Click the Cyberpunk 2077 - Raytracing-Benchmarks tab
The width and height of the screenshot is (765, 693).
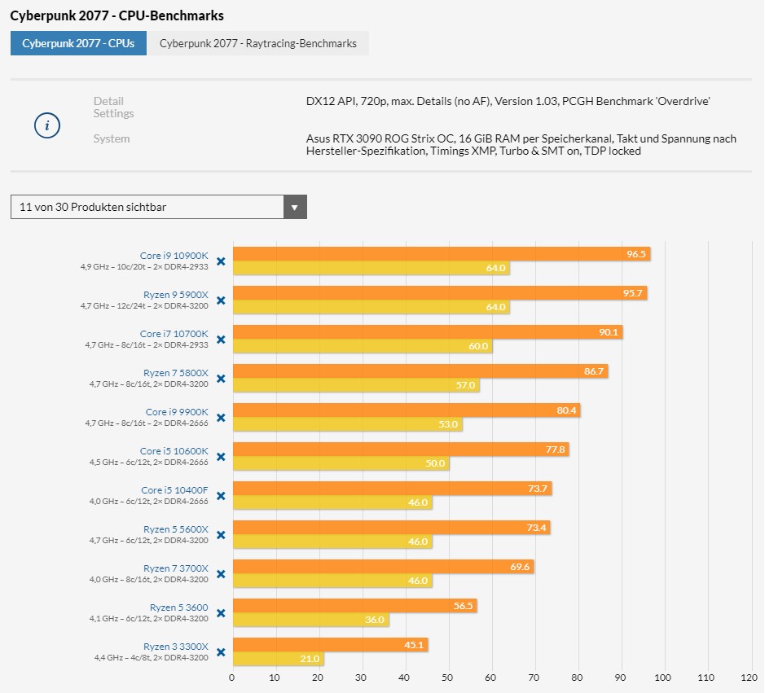point(257,44)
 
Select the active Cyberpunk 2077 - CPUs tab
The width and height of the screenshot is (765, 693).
point(78,44)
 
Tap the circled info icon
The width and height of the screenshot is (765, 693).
point(46,125)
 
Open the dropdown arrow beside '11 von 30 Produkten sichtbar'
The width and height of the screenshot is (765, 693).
point(295,207)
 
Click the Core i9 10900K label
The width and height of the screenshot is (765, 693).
point(174,256)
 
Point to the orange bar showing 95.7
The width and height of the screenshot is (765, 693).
point(440,293)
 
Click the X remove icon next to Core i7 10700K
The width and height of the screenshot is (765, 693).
point(221,340)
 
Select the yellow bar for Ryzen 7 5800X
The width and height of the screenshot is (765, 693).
point(356,385)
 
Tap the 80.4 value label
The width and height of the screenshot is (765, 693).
point(566,410)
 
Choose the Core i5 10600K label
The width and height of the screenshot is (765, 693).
point(174,451)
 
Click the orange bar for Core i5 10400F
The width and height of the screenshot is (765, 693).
point(392,489)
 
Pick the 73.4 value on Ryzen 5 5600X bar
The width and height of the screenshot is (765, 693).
point(536,528)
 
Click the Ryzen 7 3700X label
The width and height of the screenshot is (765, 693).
point(176,568)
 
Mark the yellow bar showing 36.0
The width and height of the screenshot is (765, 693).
point(310,620)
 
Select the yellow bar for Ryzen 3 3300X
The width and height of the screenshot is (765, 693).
point(278,659)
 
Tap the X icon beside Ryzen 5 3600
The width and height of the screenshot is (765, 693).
point(221,613)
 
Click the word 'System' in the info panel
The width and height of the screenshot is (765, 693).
point(112,139)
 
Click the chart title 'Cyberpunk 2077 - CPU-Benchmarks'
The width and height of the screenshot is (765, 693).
point(117,15)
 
